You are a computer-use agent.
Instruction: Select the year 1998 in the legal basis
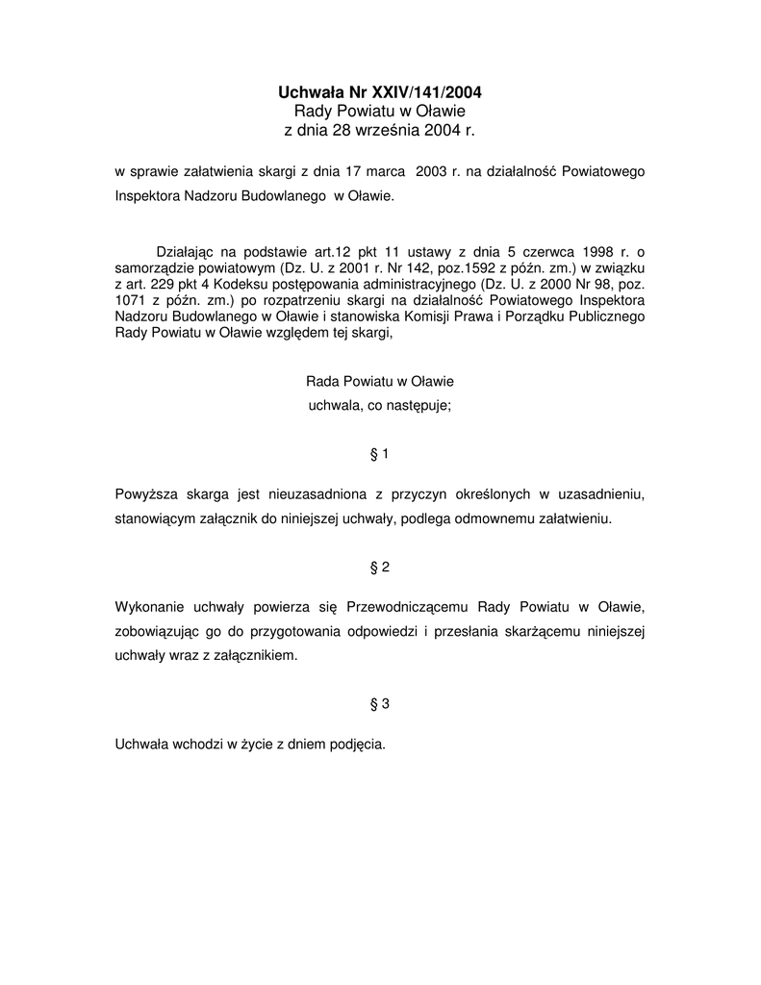(x=590, y=249)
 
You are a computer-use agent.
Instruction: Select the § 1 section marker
(x=379, y=452)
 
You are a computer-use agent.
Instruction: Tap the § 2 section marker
(x=379, y=568)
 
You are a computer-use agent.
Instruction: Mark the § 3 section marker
(x=379, y=704)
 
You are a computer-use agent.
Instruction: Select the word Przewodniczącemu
(x=405, y=608)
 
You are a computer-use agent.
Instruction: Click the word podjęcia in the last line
(x=357, y=745)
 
